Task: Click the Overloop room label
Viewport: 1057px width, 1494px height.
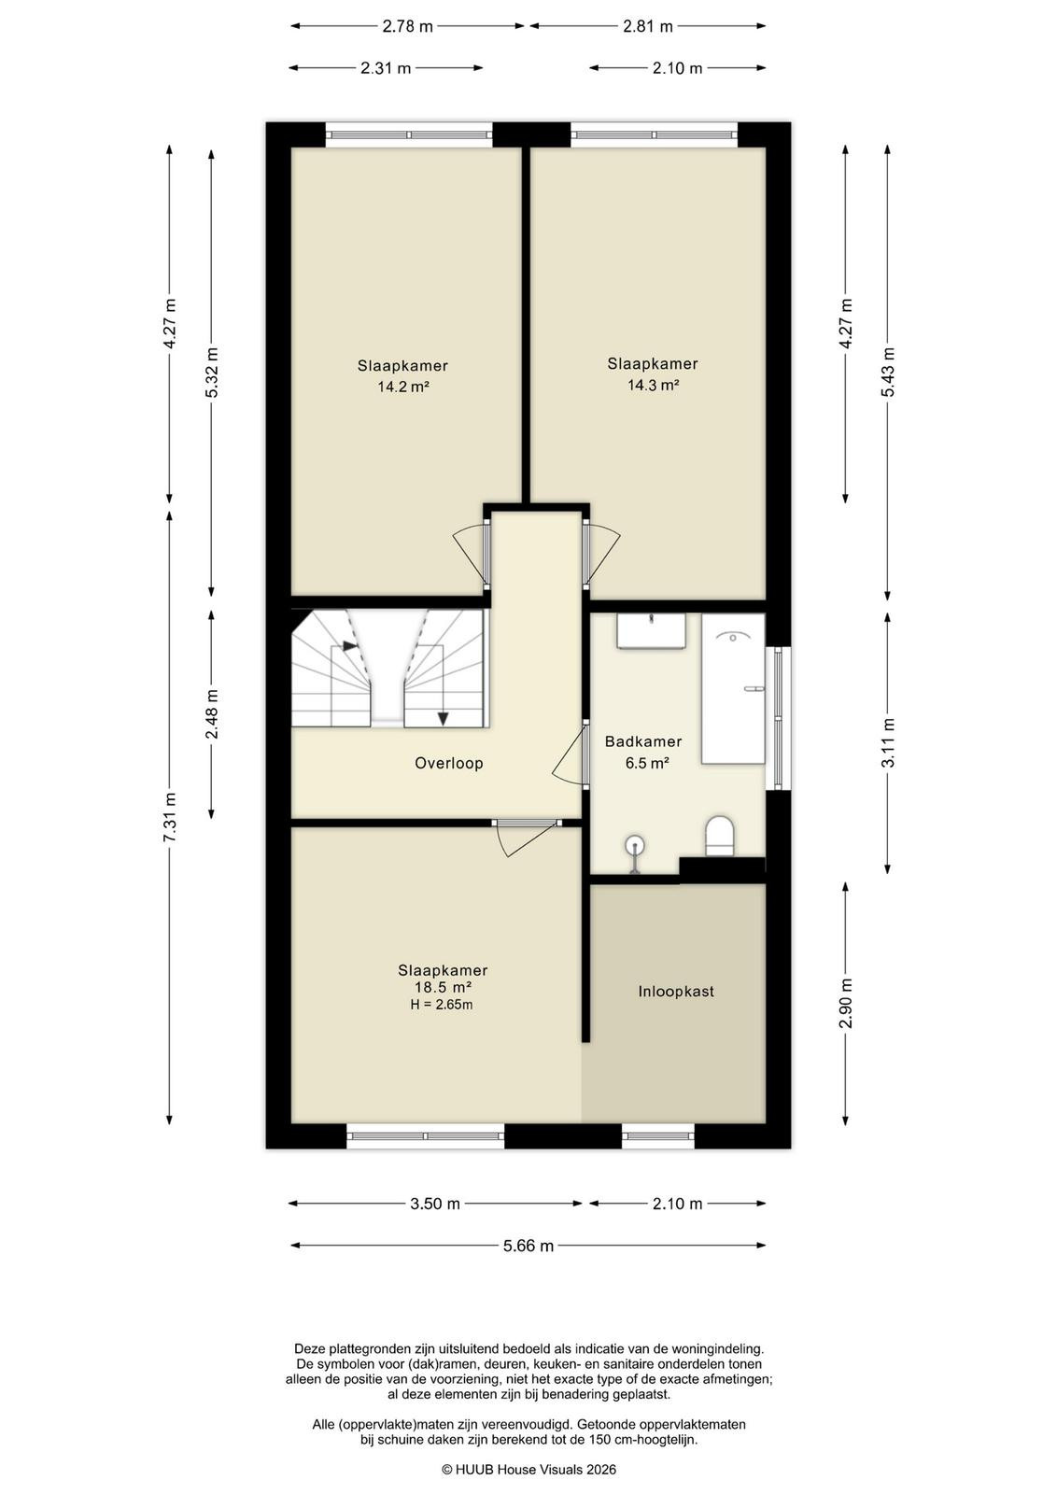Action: [448, 763]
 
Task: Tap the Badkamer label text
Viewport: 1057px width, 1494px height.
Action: [642, 741]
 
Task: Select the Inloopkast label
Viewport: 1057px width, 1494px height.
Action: [675, 991]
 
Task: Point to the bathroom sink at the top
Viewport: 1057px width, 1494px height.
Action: [651, 630]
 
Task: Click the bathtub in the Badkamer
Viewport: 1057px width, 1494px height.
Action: [732, 688]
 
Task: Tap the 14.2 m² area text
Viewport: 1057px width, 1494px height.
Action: [402, 387]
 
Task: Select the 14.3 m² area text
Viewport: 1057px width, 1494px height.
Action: [653, 385]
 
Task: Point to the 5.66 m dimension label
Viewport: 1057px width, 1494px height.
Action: [528, 1246]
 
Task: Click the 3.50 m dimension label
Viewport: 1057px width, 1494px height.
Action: [435, 1204]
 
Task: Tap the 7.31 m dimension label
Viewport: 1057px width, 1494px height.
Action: [169, 816]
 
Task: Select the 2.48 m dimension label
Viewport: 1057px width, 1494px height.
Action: [211, 714]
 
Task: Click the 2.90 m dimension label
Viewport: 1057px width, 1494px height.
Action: [846, 1003]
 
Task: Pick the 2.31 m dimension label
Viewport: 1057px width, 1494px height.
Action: [386, 68]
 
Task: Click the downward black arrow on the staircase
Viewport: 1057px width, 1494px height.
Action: [443, 719]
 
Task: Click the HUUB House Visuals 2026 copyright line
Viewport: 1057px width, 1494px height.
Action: [528, 1469]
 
